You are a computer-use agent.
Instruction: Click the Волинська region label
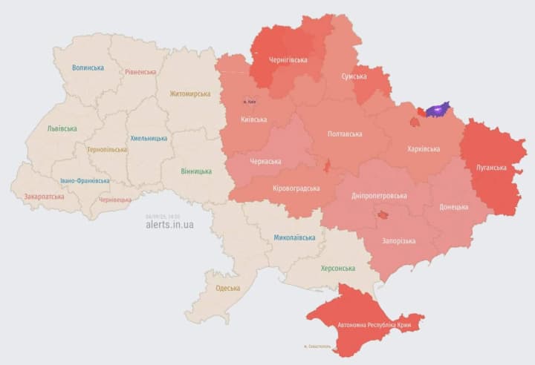(x=88, y=68)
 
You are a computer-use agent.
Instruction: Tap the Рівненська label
(x=140, y=72)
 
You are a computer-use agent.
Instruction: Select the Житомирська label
(x=189, y=94)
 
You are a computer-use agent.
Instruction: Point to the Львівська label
(x=62, y=128)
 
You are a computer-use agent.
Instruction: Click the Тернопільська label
(x=106, y=149)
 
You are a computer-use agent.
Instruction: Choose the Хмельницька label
(x=149, y=138)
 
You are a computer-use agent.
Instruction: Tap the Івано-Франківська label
(x=85, y=180)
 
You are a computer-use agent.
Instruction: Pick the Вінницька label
(x=195, y=171)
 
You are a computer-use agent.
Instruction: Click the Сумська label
(x=354, y=76)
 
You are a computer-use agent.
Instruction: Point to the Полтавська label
(x=345, y=134)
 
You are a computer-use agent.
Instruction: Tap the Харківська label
(x=424, y=149)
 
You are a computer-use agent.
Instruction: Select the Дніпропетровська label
(x=379, y=196)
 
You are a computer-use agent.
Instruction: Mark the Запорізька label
(x=400, y=241)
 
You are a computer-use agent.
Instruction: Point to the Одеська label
(x=227, y=289)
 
